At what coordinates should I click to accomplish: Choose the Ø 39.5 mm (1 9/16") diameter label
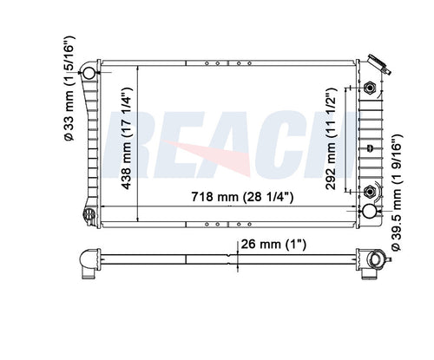pyautogui.click(x=396, y=193)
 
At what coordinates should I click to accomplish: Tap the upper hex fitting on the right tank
pyautogui.click(x=371, y=88)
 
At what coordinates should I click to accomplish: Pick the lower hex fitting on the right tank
pyautogui.click(x=371, y=192)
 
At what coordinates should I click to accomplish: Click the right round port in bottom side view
pyautogui.click(x=376, y=259)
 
